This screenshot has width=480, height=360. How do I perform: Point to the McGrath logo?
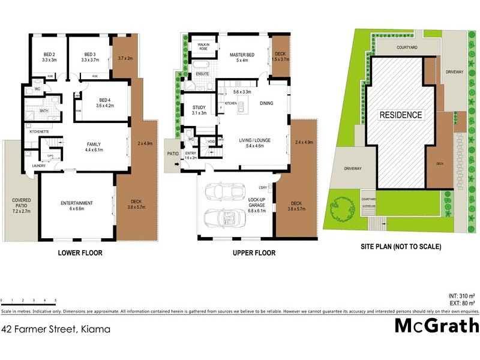pos(436,326)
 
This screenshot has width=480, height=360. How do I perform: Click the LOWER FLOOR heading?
pos(80,253)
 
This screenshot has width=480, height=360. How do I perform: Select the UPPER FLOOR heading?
pos(254,253)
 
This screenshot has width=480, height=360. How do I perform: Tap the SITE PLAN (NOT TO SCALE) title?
pos(400,247)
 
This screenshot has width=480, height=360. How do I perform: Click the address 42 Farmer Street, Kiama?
pos(59,329)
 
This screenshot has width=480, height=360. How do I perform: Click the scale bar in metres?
pos(29,300)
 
